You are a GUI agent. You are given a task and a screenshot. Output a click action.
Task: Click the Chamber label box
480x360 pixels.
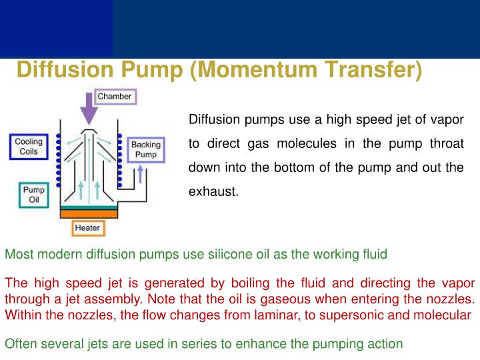(114, 97)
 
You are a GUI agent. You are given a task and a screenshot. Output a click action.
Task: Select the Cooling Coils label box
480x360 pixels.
(29, 147)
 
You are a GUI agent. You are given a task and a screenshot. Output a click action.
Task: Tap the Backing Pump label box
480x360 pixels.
(145, 150)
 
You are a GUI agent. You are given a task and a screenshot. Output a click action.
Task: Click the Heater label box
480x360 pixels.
(87, 229)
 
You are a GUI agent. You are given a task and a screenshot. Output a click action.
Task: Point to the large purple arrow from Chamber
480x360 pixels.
(87, 109)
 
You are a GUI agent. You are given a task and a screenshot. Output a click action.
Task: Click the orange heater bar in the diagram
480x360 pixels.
(89, 214)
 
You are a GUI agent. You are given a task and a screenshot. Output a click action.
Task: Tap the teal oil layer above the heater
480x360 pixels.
(89, 207)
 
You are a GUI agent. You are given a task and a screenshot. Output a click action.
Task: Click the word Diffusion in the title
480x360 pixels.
(65, 70)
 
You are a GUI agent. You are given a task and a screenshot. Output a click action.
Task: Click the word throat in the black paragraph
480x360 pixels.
(447, 144)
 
